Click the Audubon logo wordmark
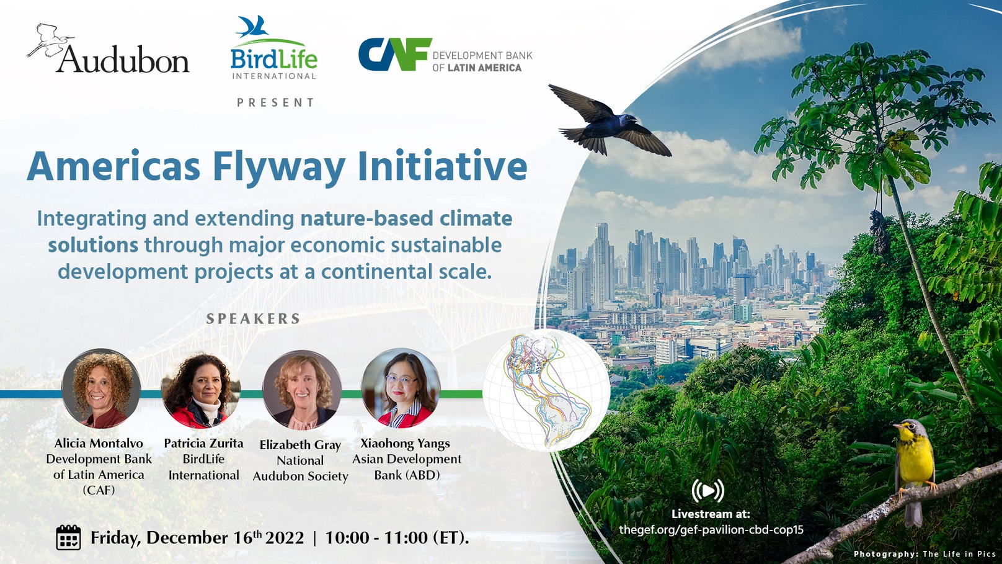point(123,60)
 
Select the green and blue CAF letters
point(395,55)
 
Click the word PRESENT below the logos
point(276,102)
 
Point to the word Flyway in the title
point(278,168)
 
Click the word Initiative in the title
point(442,166)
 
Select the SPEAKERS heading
point(254,319)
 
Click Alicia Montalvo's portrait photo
point(101,389)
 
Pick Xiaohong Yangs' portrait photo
point(401,389)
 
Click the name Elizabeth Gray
point(300,445)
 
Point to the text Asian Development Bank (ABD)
point(407,467)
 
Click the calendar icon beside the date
point(68,537)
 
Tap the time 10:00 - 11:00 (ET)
point(397,537)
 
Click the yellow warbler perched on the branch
point(915,462)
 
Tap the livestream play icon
point(708,491)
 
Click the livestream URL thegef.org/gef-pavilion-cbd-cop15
point(711,530)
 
